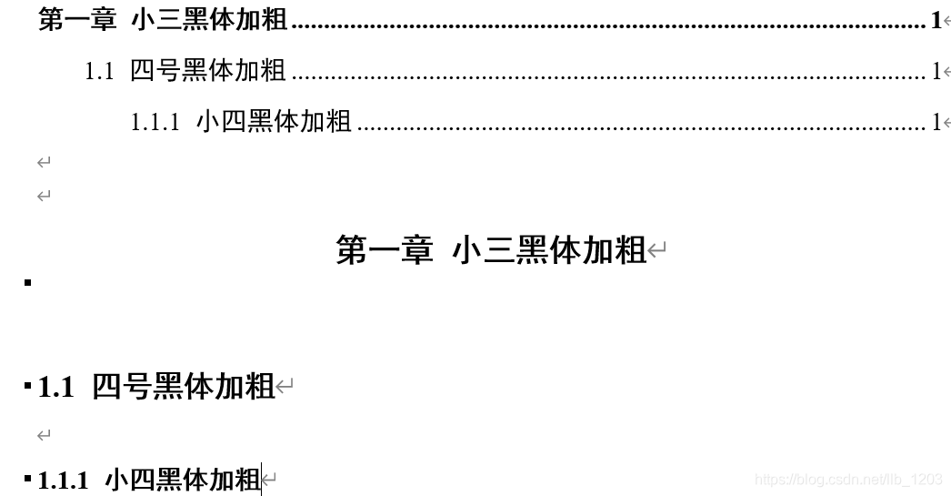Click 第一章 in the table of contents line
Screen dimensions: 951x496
77,21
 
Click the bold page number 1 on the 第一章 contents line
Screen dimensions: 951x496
936,21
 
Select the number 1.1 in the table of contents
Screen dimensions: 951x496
99,71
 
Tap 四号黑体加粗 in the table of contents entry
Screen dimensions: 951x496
208,71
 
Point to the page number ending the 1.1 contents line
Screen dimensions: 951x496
936,71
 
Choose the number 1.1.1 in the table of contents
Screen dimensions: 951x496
155,122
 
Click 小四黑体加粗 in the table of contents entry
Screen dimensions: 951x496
274,122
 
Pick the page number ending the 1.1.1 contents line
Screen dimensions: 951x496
936,122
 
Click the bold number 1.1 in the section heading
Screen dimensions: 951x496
55,388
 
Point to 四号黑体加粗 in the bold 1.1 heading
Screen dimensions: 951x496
184,388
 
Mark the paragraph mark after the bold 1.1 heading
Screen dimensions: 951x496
285,389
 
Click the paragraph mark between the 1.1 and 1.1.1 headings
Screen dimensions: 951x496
44,437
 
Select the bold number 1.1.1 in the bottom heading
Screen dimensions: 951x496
63,481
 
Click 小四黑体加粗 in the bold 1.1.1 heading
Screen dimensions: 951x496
183,481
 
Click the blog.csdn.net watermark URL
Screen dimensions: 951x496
849,480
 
